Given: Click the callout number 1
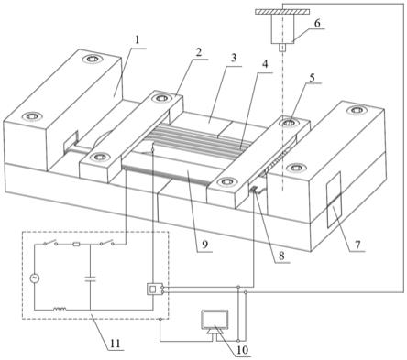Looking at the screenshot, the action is [137, 40].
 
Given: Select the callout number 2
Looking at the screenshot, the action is [199, 52].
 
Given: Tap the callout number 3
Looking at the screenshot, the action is [234, 59].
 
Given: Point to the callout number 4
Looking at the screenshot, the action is [265, 64].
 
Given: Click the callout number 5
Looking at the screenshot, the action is [312, 77].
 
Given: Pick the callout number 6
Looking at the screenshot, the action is [317, 24].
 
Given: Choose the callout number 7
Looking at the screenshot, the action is [357, 245].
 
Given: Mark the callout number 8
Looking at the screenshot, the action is [281, 256].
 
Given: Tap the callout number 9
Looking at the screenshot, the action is [204, 245].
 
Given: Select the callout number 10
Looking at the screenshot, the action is [242, 350].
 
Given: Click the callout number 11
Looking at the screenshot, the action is [115, 344].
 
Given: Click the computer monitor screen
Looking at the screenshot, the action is [214, 320].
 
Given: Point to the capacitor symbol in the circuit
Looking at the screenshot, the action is [91, 278].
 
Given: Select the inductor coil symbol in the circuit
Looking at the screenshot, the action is [60, 309].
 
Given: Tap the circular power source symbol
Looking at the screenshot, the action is [35, 278].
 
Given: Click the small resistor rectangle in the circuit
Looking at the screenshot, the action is [76, 245].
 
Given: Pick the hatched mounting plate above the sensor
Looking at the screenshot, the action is [282, 12].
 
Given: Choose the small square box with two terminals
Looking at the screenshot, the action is [152, 289].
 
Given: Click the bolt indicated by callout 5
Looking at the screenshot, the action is [289, 123].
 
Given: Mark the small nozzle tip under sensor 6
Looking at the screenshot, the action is [282, 48].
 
